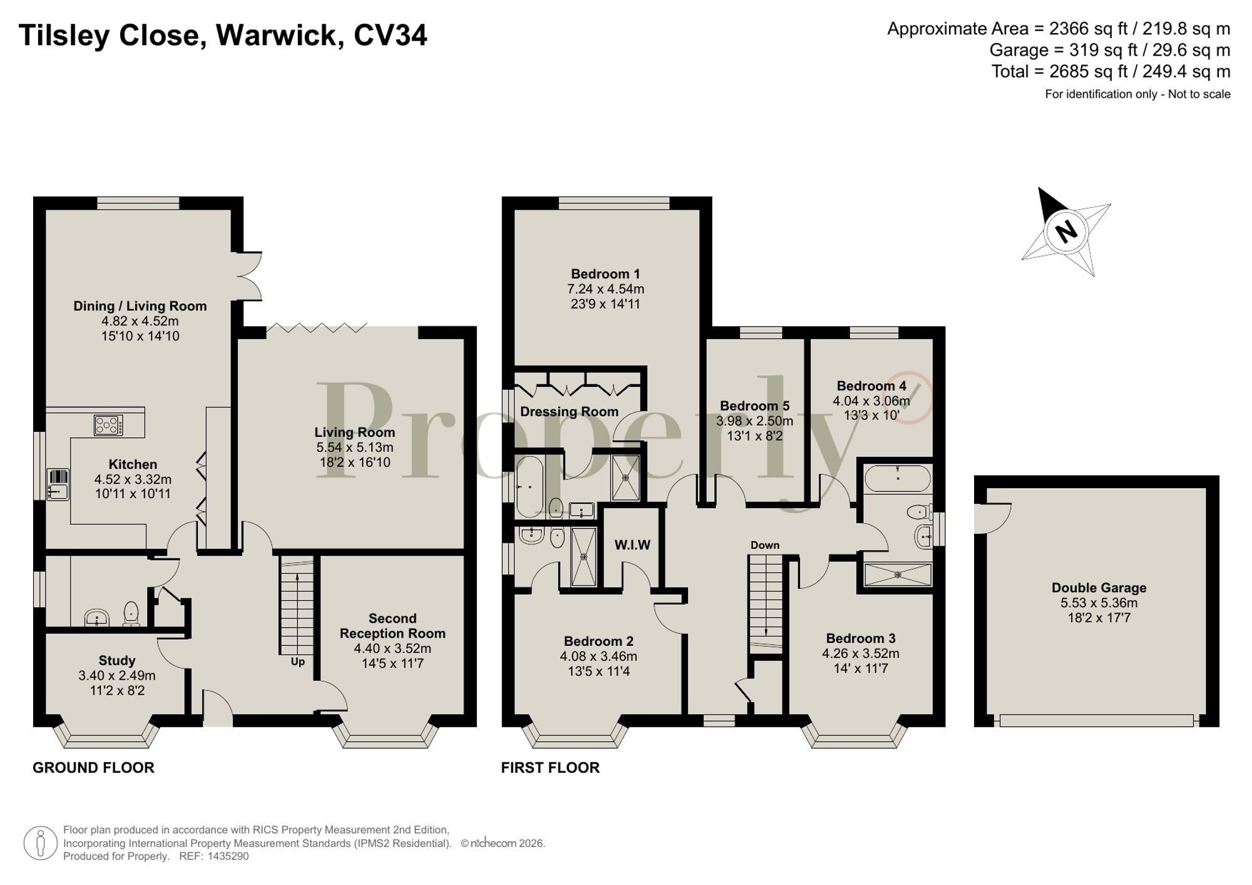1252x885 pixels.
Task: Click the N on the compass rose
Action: click(x=1065, y=232)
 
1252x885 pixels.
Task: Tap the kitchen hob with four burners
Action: click(x=108, y=426)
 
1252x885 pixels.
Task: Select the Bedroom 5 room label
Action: click(x=754, y=406)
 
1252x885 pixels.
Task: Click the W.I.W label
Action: click(x=632, y=545)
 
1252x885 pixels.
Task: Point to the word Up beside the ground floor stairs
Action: click(x=297, y=662)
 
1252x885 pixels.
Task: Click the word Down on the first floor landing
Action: click(x=765, y=545)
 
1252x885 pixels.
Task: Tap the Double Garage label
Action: click(x=1099, y=588)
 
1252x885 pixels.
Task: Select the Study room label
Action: click(x=117, y=660)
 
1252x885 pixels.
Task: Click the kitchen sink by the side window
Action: click(x=58, y=484)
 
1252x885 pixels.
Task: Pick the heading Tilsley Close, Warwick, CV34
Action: click(x=223, y=35)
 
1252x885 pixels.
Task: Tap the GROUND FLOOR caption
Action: click(x=93, y=767)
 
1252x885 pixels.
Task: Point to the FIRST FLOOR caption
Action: click(x=550, y=767)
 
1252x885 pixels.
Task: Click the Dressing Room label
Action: click(x=569, y=412)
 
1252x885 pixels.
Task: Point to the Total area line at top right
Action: click(x=1111, y=71)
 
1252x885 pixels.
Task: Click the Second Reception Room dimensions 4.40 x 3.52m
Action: click(x=393, y=648)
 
